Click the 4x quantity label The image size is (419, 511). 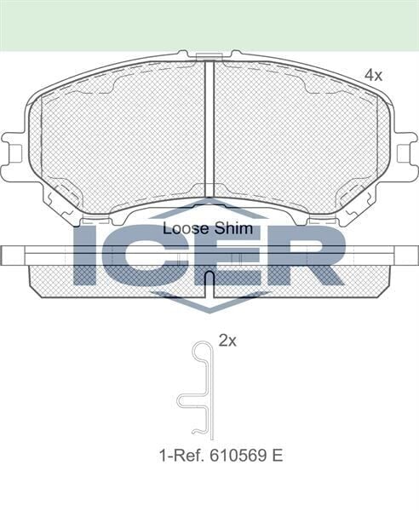(373, 76)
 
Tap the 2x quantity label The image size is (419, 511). (227, 341)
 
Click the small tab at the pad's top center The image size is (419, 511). (209, 57)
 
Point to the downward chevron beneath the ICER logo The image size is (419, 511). (209, 299)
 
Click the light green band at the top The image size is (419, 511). (209, 24)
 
